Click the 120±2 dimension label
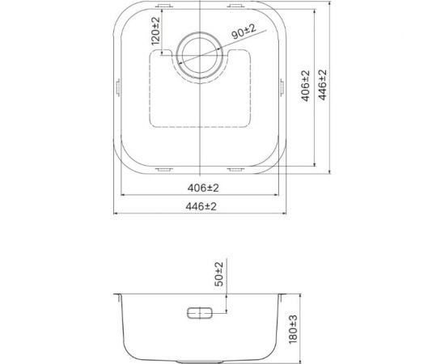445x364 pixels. (155, 32)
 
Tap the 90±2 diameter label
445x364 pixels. (244, 32)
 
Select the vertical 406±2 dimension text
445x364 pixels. (306, 86)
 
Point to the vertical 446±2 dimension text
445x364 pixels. (322, 85)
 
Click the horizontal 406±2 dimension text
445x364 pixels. (203, 188)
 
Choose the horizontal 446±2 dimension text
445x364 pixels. (201, 206)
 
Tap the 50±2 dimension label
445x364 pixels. (218, 274)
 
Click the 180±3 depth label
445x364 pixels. (293, 329)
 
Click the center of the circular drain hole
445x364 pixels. (200, 55)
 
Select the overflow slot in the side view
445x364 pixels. (200, 313)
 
